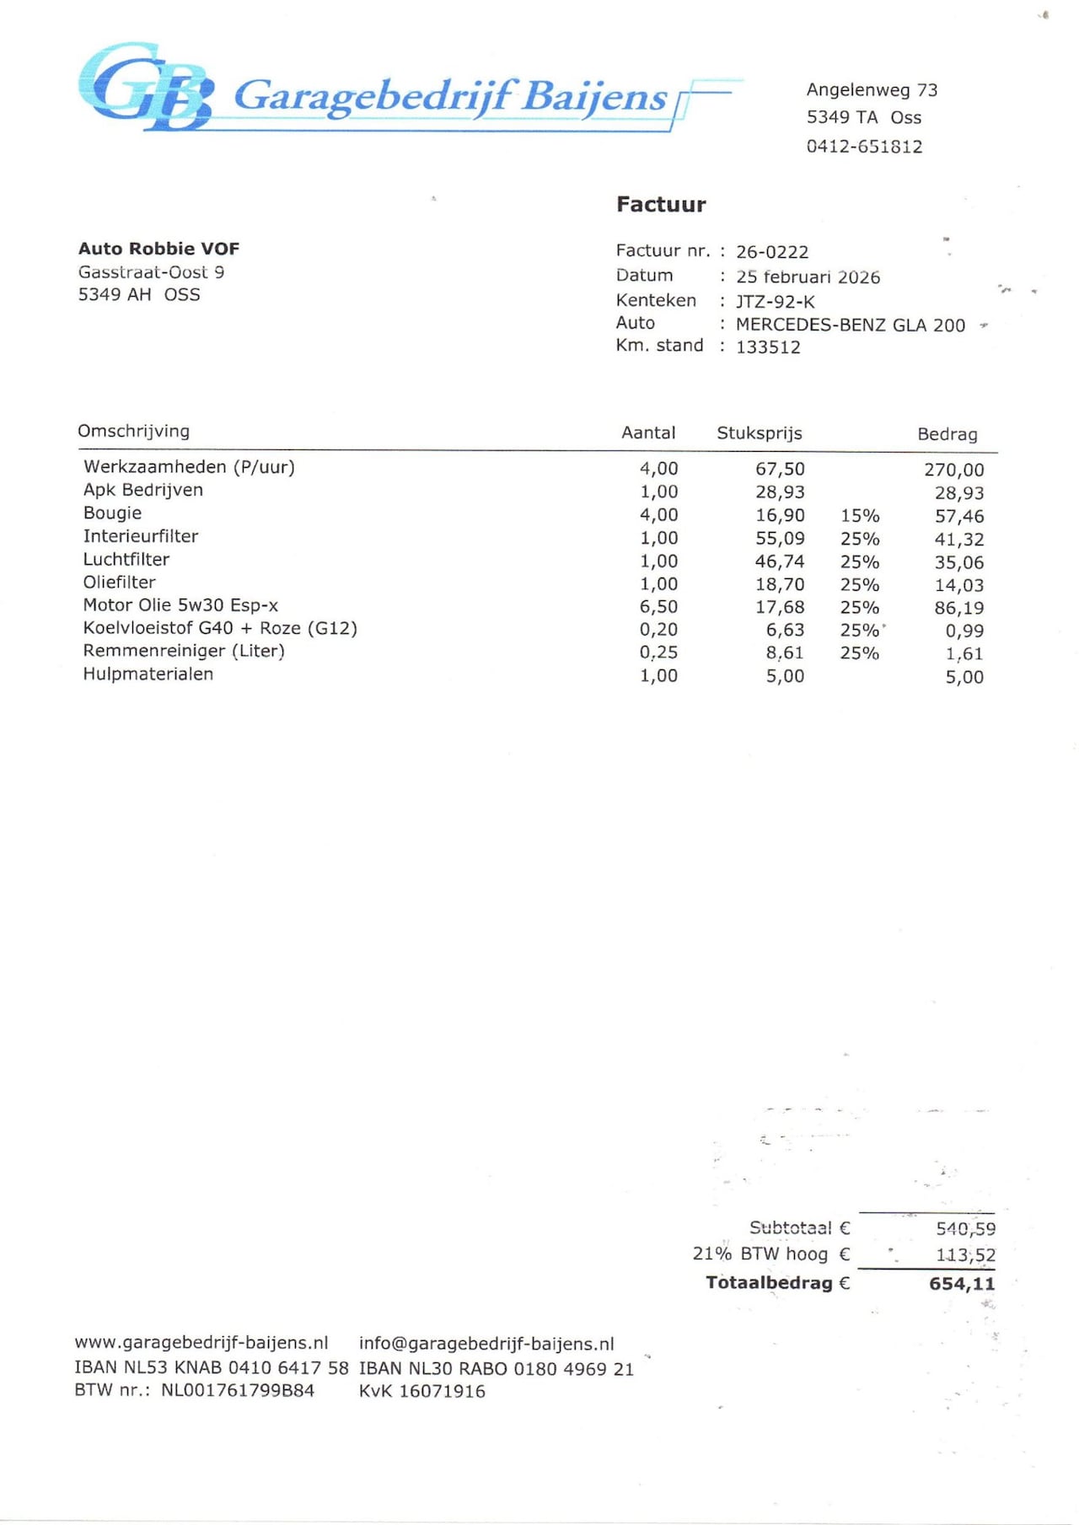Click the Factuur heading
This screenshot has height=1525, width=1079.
[x=661, y=204]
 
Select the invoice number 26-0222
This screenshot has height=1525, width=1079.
[x=771, y=252]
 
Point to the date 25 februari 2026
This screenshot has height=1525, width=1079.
[x=808, y=277]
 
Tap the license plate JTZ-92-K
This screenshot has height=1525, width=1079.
[x=775, y=302]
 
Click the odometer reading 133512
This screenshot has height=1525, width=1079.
[x=768, y=347]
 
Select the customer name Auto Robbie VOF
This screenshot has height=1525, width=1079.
[x=158, y=249]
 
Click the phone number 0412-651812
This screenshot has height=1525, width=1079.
[x=864, y=147]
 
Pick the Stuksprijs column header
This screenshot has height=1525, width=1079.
[x=759, y=433]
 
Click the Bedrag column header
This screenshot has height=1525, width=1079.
[x=947, y=434]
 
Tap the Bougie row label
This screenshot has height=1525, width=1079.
[x=112, y=513]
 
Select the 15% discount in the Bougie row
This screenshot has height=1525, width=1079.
[x=859, y=516]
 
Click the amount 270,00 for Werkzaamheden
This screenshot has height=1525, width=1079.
[x=953, y=470]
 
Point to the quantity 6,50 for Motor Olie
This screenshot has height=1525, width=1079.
[x=658, y=607]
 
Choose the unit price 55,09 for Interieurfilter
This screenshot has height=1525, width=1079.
[x=780, y=539]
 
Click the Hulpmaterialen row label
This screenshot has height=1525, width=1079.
[x=148, y=674]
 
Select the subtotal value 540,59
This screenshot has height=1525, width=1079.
[x=965, y=1229]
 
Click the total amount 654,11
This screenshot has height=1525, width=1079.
[x=962, y=1284]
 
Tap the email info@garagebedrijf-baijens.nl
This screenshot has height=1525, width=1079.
[x=486, y=1344]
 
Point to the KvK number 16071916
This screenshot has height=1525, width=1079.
[x=442, y=1392]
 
